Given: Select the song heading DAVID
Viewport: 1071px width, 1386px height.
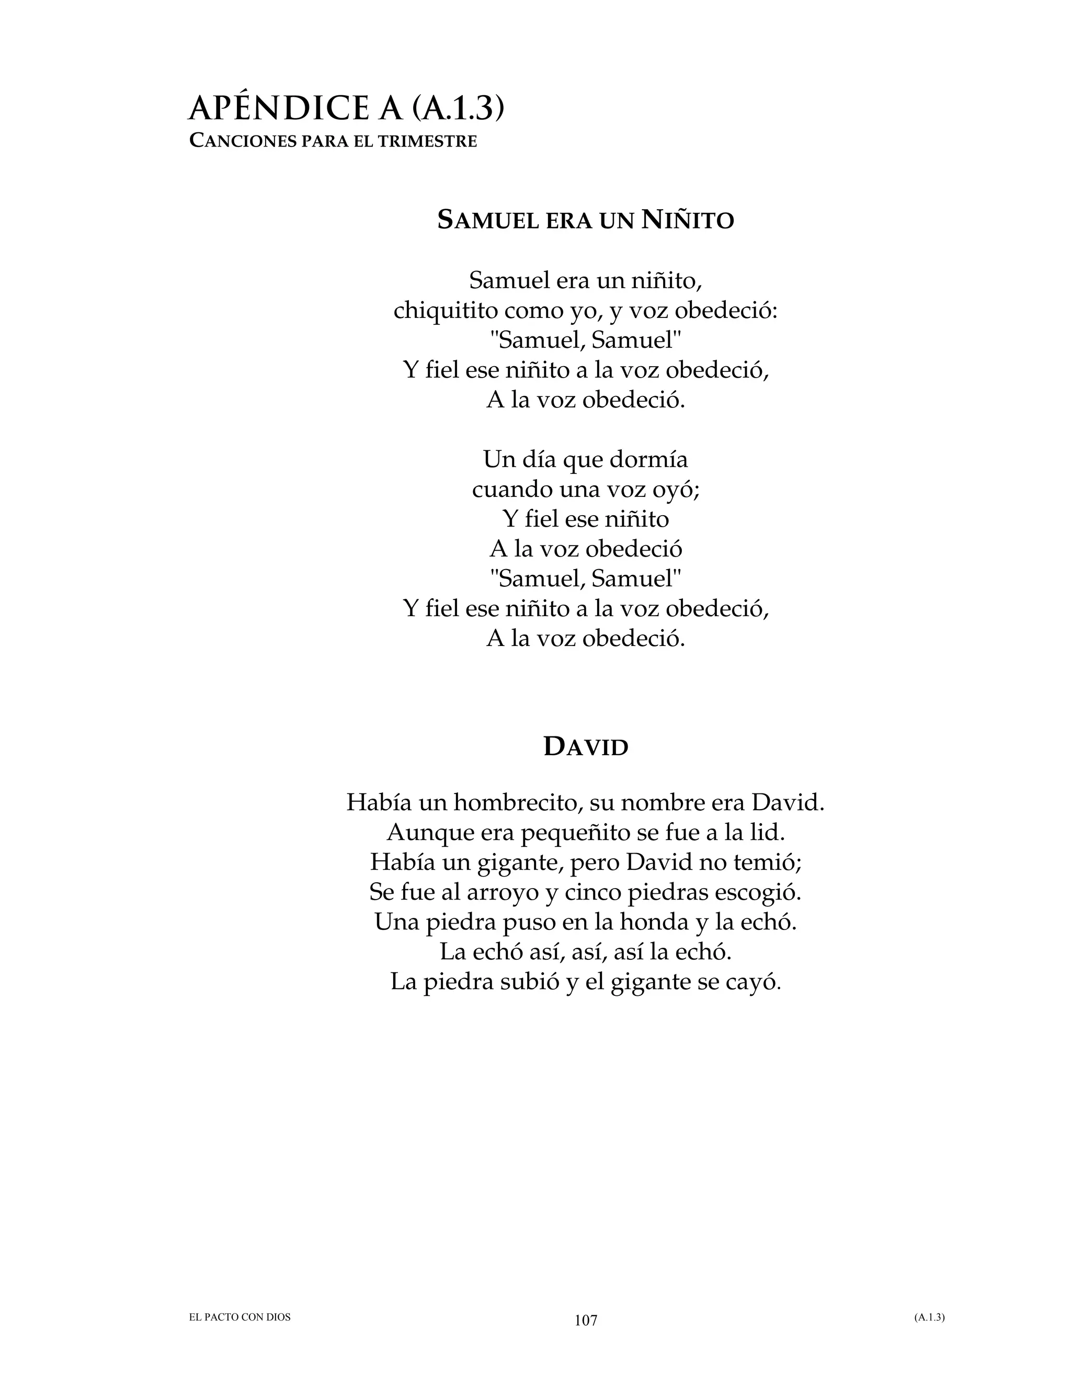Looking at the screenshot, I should click(x=586, y=747).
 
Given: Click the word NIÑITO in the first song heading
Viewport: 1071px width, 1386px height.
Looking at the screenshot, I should click(x=688, y=220).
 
